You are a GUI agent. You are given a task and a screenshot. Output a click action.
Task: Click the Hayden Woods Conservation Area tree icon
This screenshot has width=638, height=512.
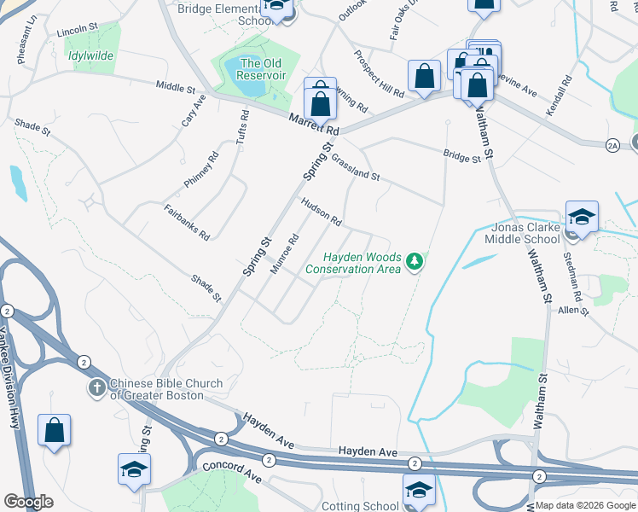415,260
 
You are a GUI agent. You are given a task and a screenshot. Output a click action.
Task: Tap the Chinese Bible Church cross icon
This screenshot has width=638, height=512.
96,388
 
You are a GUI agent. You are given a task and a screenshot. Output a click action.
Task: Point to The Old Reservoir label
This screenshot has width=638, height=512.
261,69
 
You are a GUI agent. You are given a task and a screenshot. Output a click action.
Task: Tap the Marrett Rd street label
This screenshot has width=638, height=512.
313,125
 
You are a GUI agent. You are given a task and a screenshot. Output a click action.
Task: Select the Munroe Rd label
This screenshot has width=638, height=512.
283,253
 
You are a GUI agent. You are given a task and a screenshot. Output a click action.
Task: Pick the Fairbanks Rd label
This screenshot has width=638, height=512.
187,221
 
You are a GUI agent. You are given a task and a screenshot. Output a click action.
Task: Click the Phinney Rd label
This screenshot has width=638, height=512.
201,171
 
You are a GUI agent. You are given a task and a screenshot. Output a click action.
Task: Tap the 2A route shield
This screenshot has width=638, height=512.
612,147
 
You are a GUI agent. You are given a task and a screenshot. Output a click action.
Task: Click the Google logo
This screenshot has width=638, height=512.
28,502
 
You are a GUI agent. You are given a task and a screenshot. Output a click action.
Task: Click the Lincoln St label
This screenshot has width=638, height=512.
72,31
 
